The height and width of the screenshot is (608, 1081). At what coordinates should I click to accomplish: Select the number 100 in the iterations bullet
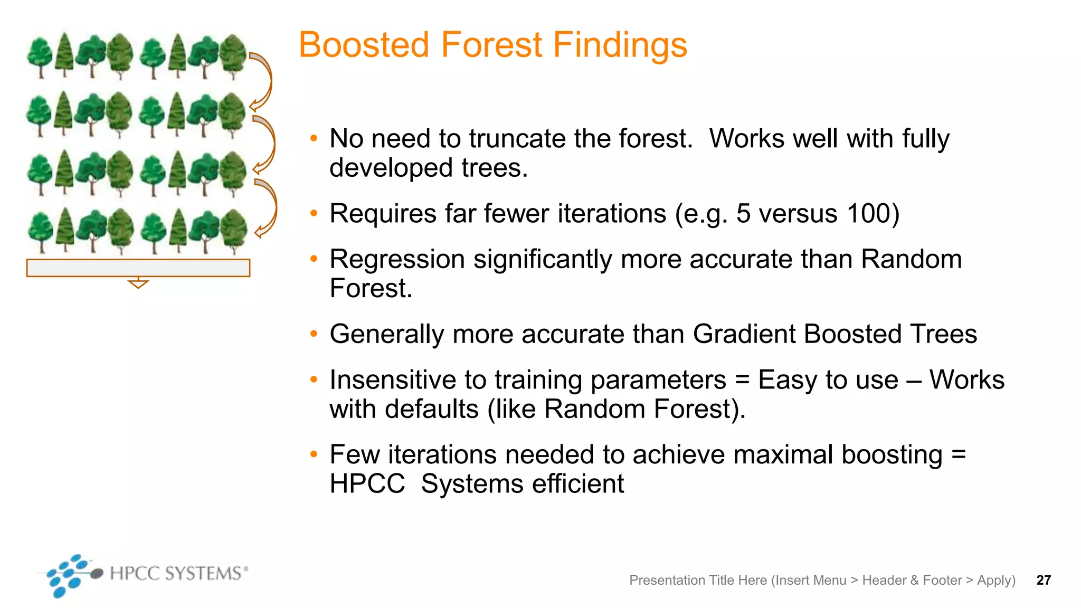(x=868, y=214)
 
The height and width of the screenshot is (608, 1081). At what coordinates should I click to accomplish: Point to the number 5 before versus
(x=743, y=214)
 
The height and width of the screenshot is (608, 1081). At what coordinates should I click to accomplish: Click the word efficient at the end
(x=577, y=484)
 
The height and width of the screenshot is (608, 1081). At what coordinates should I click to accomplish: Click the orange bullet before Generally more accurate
(x=314, y=334)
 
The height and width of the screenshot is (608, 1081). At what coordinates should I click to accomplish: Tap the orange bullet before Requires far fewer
(x=314, y=214)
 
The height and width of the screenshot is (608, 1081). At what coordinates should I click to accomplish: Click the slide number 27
(x=1044, y=580)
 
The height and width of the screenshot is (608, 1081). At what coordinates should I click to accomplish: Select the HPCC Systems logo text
(x=176, y=573)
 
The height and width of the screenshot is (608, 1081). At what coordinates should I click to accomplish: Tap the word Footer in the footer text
(x=942, y=580)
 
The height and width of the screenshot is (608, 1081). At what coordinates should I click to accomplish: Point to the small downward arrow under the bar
(x=138, y=283)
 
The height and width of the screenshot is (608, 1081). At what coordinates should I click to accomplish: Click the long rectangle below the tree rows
(x=138, y=268)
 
